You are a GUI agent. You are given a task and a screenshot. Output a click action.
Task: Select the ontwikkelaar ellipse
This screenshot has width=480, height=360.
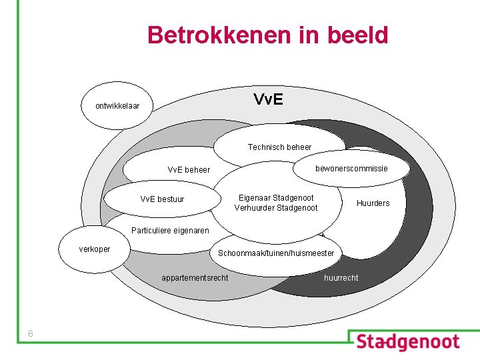(117, 105)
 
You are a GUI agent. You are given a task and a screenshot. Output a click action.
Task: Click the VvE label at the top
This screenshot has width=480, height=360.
(268, 100)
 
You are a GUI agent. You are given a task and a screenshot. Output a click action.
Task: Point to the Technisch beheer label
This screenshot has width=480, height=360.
(279, 147)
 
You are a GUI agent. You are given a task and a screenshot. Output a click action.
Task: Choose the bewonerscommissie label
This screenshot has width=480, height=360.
(351, 168)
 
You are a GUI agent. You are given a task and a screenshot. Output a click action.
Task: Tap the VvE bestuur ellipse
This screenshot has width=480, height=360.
(162, 199)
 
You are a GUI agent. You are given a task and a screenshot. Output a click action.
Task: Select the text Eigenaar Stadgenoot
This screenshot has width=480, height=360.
(276, 198)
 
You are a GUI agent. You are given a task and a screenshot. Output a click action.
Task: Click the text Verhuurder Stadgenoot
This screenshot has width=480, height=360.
(276, 208)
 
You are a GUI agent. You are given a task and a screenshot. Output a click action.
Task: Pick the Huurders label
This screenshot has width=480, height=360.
(373, 203)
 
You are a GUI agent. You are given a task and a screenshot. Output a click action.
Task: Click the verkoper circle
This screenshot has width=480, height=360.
(95, 249)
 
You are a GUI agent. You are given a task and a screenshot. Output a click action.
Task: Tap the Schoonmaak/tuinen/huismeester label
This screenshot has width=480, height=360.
(276, 254)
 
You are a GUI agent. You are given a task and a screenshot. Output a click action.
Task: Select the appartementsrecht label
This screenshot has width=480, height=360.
(195, 277)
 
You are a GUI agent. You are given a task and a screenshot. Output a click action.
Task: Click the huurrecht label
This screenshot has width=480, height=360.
(341, 277)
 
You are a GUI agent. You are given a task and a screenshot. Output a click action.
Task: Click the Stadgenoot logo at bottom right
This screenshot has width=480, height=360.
(407, 343)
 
